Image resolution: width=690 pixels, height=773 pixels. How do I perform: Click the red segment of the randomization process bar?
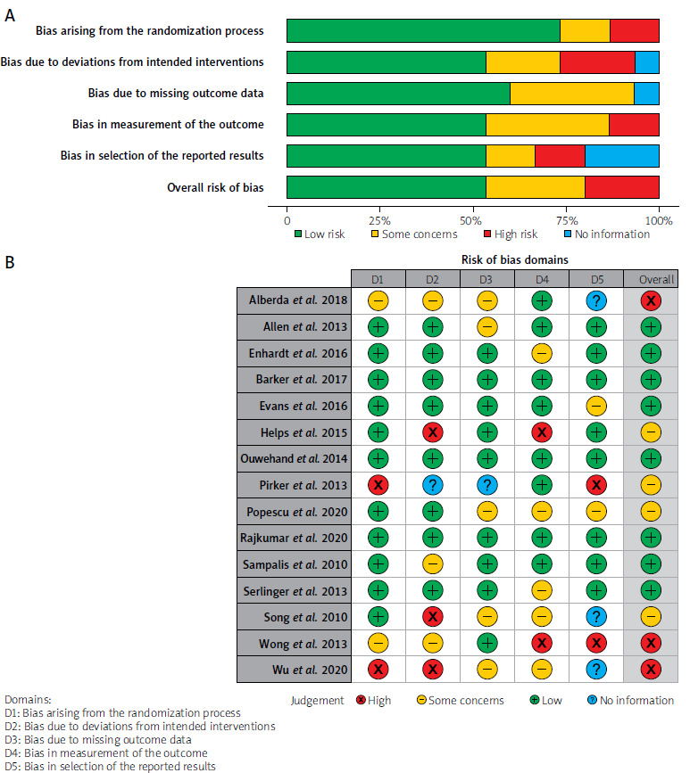[635, 30]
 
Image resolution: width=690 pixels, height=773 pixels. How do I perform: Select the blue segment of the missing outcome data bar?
[646, 93]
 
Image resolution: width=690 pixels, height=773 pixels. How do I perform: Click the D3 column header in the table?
[486, 279]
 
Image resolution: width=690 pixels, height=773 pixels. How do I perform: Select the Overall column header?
[651, 279]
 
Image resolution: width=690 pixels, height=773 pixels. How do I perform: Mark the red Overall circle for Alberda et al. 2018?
[651, 300]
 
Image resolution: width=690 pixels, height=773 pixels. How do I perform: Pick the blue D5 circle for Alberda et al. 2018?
[596, 300]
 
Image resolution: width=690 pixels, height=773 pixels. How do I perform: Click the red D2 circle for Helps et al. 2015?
[432, 432]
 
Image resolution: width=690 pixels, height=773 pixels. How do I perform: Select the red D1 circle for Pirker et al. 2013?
[378, 485]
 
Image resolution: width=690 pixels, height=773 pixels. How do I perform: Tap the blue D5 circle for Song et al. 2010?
[596, 616]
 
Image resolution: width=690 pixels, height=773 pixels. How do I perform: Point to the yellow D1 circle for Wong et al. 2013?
[378, 643]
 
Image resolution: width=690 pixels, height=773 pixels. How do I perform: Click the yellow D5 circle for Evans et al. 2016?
[596, 406]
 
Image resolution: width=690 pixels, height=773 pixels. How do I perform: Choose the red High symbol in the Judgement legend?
[362, 700]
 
